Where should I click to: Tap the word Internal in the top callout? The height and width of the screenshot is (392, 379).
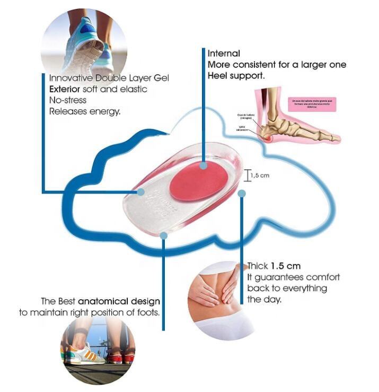[224, 54]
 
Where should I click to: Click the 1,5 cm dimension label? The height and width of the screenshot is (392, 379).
[259, 176]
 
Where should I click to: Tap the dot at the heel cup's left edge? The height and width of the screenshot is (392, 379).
[141, 191]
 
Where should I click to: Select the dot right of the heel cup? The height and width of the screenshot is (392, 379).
[242, 193]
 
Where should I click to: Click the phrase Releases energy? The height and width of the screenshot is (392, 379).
[85, 111]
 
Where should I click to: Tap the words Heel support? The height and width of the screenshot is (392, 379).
[236, 76]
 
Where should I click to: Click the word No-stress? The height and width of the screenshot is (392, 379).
[67, 100]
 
